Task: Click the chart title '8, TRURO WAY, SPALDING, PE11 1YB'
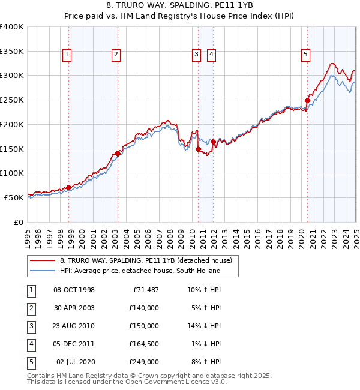click(x=179, y=5)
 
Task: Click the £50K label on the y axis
click(x=14, y=197)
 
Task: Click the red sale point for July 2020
click(x=307, y=100)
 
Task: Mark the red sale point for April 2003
click(x=118, y=154)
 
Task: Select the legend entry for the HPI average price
click(x=140, y=271)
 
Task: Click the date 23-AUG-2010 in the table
click(x=74, y=326)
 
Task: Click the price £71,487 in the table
click(x=145, y=290)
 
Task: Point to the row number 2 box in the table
click(x=31, y=308)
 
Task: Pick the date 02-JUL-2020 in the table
click(x=76, y=362)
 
